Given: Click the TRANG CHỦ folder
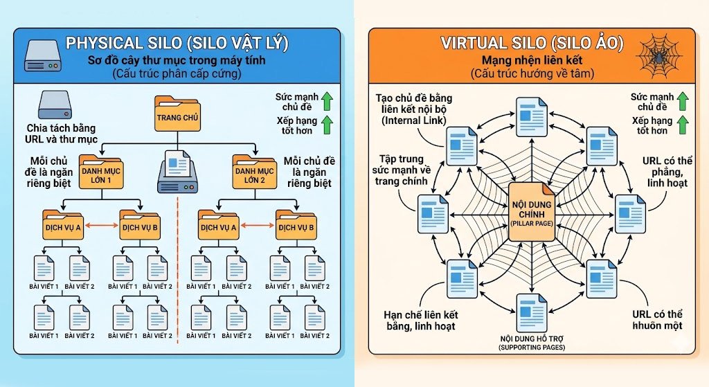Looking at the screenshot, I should coord(178,114).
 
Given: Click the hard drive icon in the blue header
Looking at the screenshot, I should coord(42,55).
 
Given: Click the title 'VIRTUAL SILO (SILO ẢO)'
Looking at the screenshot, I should coord(532,44).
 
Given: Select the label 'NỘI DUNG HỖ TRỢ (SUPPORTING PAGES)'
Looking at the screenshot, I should coord(532,342).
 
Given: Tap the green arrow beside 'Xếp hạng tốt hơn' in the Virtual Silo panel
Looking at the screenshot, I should coord(682,125).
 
